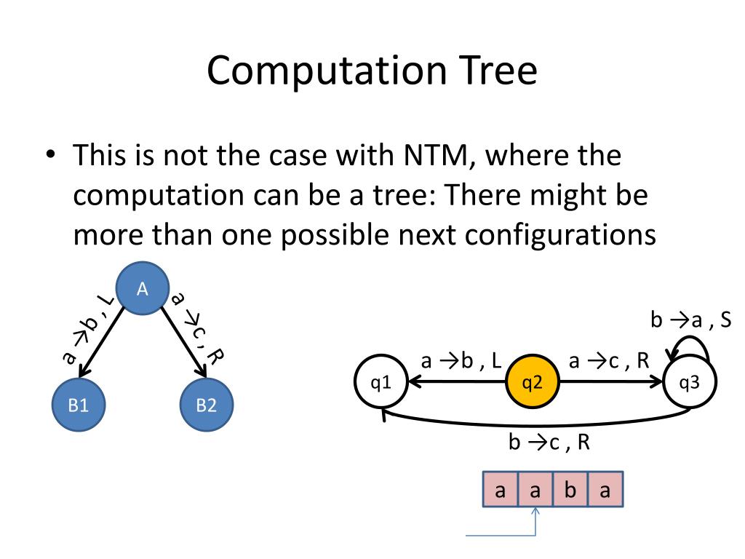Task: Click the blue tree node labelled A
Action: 143,289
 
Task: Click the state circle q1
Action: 379,382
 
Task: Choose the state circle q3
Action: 690,382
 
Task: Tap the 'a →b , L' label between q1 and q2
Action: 461,361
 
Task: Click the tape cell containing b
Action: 570,491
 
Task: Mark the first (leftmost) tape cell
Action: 500,491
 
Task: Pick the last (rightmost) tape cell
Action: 605,491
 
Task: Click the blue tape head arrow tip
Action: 536,512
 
